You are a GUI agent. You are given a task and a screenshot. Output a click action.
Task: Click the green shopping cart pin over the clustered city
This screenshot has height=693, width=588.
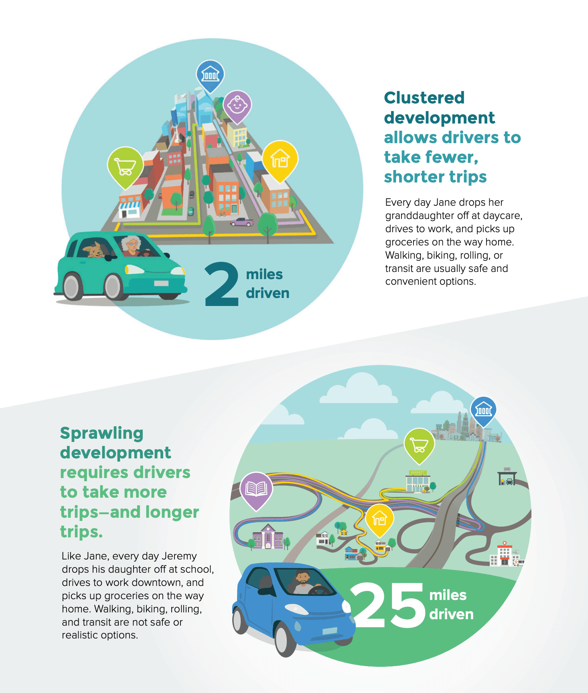pyautogui.click(x=125, y=166)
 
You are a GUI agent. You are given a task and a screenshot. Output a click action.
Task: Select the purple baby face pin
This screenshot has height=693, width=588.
pyautogui.click(x=237, y=105)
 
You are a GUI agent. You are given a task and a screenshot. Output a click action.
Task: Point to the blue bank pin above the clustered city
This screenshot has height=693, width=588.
pyautogui.click(x=210, y=75)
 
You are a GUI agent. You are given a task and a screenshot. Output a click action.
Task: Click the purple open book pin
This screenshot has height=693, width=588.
pyautogui.click(x=256, y=489)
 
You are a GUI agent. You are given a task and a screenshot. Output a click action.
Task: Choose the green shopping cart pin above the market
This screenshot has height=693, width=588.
pyautogui.click(x=419, y=444)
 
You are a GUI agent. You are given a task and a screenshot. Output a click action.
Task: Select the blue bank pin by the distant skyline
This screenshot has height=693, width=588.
pyautogui.click(x=483, y=410)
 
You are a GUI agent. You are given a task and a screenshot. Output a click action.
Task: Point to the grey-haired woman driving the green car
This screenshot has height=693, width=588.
pyautogui.click(x=131, y=245)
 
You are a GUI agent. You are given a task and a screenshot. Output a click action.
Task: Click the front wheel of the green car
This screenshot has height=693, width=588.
pyautogui.click(x=113, y=287)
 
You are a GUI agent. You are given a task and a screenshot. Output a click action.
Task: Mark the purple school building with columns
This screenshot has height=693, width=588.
pyautogui.click(x=268, y=537)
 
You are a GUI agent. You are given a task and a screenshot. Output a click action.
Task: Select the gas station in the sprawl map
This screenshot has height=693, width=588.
pyautogui.click(x=507, y=477)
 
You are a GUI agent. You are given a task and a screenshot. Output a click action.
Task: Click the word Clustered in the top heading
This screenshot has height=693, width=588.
pyautogui.click(x=424, y=98)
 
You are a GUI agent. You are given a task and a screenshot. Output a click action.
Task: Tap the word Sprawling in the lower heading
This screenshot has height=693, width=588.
pyautogui.click(x=101, y=434)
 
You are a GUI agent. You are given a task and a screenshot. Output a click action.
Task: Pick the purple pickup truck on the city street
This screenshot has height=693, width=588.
pyautogui.click(x=241, y=222)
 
